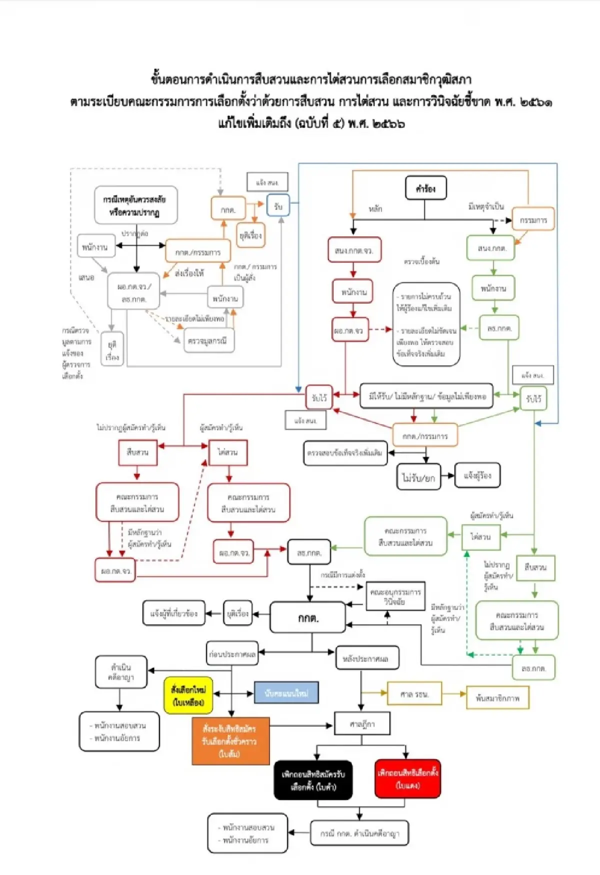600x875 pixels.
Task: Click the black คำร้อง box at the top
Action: click(425, 188)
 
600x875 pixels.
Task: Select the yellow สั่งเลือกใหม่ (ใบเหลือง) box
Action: click(188, 695)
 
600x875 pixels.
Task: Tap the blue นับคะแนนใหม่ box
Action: click(286, 693)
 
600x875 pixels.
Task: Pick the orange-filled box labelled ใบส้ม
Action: click(230, 741)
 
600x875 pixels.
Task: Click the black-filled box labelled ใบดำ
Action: click(313, 780)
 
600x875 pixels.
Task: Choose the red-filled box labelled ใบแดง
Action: click(407, 778)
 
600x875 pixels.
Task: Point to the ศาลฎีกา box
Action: click(362, 723)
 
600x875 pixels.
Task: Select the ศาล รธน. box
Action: click(414, 694)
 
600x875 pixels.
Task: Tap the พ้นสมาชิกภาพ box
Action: click(497, 697)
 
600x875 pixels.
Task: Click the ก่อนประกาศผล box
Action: click(232, 653)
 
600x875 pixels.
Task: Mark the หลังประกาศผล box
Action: click(367, 658)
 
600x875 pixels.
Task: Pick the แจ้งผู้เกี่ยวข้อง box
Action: click(174, 613)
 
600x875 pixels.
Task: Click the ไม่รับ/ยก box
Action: click(419, 477)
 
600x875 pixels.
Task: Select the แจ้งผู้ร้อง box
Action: click(477, 475)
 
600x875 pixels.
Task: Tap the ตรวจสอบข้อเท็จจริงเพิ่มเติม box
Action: click(345, 452)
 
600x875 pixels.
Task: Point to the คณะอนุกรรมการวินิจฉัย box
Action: click(395, 596)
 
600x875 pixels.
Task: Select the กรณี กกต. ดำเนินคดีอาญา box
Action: click(359, 833)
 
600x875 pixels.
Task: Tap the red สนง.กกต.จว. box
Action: click(354, 250)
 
